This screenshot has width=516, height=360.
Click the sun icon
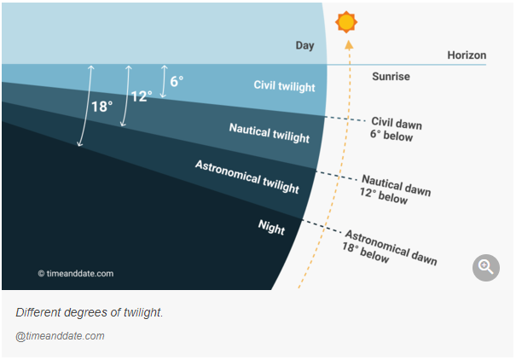(x=346, y=22)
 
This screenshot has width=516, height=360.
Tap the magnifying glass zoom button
(x=486, y=268)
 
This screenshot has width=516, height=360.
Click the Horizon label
(x=467, y=55)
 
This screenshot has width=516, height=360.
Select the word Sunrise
(x=391, y=77)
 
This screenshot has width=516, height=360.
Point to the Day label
(x=304, y=45)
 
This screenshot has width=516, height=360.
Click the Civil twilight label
(x=284, y=86)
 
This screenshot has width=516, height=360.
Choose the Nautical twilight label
(x=270, y=133)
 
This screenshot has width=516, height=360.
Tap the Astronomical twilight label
(x=247, y=177)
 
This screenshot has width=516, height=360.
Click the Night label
(x=271, y=228)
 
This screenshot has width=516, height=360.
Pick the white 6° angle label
(x=177, y=81)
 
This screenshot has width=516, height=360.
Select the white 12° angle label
(x=142, y=96)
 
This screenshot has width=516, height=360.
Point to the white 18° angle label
(x=101, y=107)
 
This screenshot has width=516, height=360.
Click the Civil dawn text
(x=397, y=124)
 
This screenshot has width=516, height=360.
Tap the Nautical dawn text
(x=397, y=185)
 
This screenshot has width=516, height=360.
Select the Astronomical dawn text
(x=391, y=247)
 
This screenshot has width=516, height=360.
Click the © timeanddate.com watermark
(x=76, y=274)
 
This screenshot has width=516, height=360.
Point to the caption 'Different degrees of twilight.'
(x=90, y=312)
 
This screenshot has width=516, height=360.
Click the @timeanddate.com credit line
(x=60, y=336)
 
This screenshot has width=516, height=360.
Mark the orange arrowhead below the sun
(x=349, y=44)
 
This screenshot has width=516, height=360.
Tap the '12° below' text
(x=384, y=196)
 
